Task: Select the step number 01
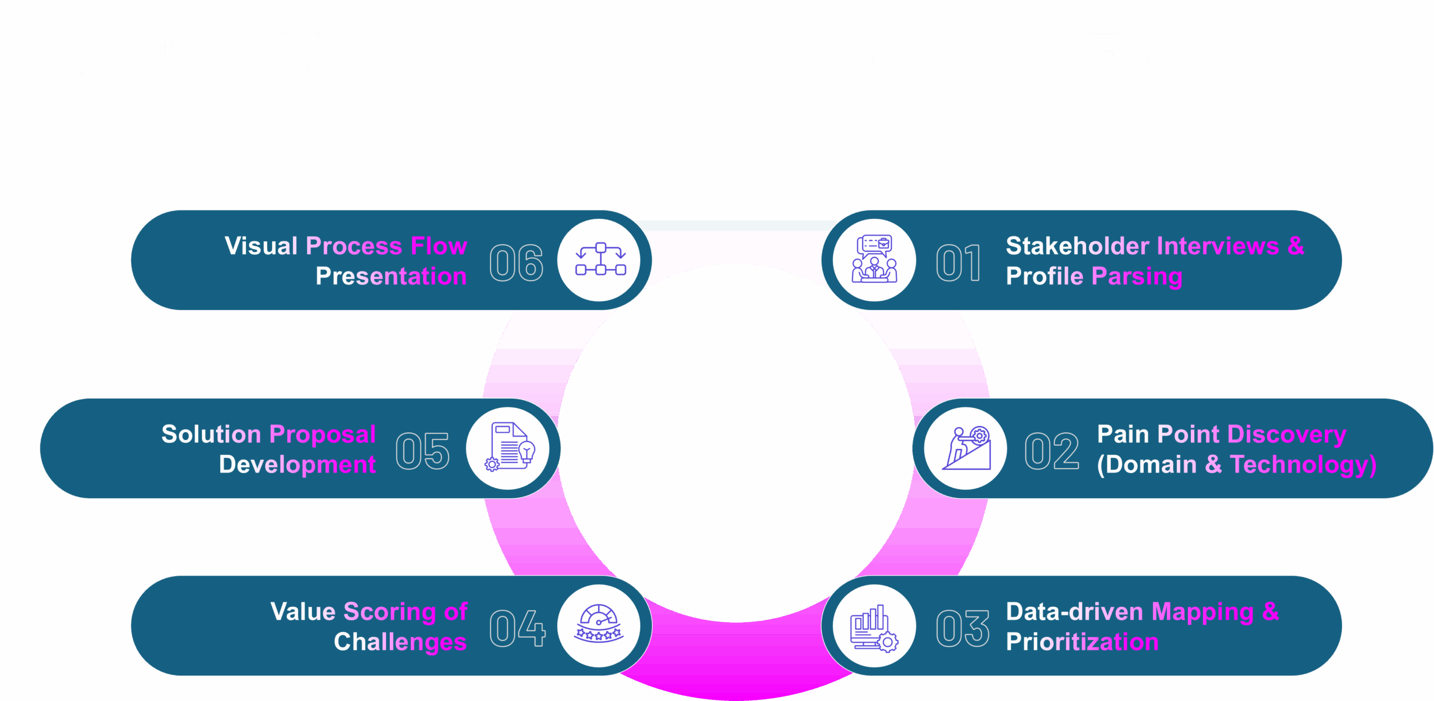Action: coord(959,263)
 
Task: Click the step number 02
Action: coord(1052,451)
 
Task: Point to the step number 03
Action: coord(962,628)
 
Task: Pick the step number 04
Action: coord(517,628)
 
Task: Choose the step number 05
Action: coord(422,451)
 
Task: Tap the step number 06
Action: coord(516,263)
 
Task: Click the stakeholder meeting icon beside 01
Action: coord(874,260)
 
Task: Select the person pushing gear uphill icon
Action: coord(966,448)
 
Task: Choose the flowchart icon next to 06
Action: coord(600,259)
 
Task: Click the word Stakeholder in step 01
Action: coord(1077,246)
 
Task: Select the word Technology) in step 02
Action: coord(1303,465)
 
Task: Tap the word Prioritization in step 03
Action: coord(1082,642)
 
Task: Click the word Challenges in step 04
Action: coord(400,642)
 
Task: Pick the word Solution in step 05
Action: coord(211,434)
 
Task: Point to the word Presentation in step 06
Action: coord(391,276)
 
